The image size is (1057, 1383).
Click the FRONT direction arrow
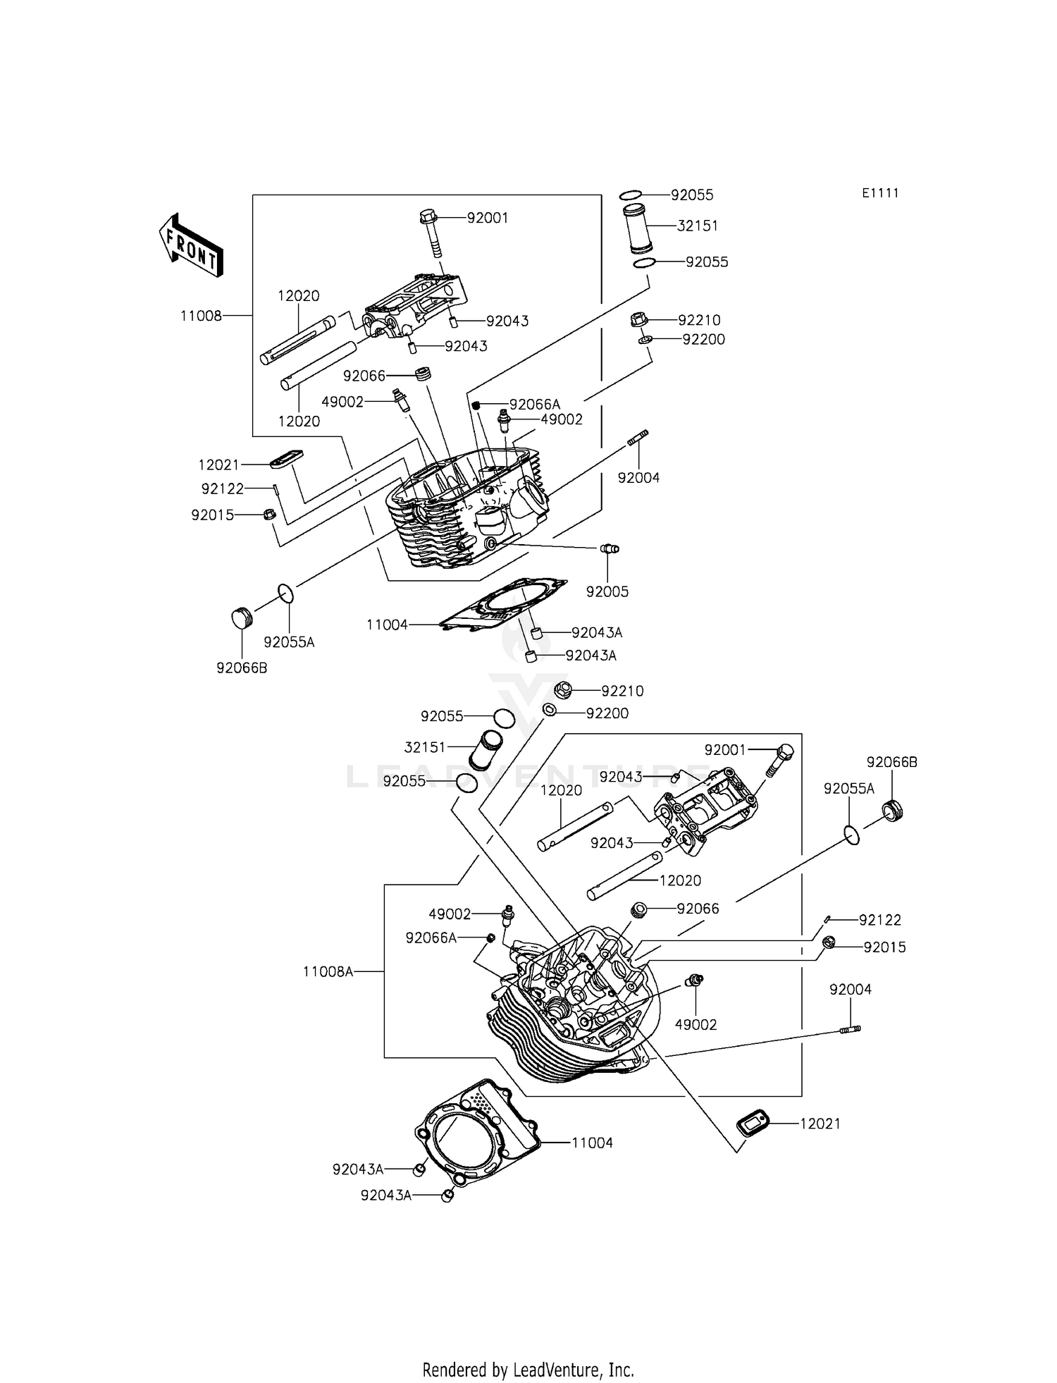pyautogui.click(x=191, y=245)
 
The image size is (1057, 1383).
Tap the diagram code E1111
pyautogui.click(x=880, y=193)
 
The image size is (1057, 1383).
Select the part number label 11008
pyautogui.click(x=201, y=316)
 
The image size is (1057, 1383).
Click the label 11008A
pyautogui.click(x=328, y=971)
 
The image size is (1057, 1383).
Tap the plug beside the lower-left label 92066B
pyautogui.click(x=242, y=617)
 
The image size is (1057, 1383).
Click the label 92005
pyautogui.click(x=607, y=591)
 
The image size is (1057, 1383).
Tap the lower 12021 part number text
pyautogui.click(x=820, y=1124)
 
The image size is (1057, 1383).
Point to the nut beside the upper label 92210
pyautogui.click(x=638, y=320)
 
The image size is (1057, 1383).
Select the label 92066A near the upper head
pyautogui.click(x=534, y=404)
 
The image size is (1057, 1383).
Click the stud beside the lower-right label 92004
pyautogui.click(x=850, y=1030)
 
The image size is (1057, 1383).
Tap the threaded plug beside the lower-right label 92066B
pyautogui.click(x=894, y=810)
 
